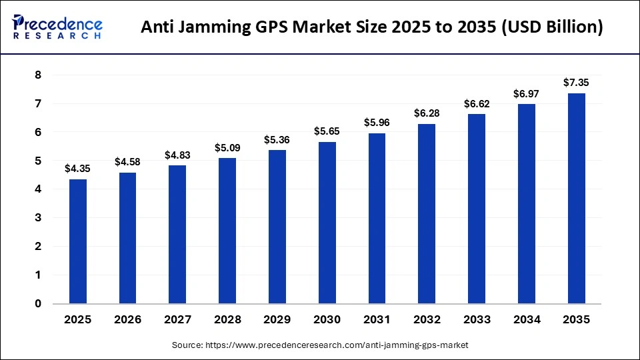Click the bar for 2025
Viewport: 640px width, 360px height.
[x=77, y=241]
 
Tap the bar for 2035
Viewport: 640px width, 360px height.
[x=576, y=198]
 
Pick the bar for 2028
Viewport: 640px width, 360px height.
[x=227, y=230]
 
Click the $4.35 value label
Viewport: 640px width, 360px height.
[x=77, y=169]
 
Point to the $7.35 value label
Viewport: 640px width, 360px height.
[x=576, y=83]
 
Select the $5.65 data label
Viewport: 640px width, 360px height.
[x=327, y=131]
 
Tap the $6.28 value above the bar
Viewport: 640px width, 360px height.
[x=427, y=113]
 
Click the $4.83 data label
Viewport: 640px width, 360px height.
[x=177, y=155]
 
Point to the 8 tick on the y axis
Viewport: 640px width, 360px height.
[x=38, y=75]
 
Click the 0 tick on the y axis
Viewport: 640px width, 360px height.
[x=38, y=303]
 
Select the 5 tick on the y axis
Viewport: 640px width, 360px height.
[x=38, y=161]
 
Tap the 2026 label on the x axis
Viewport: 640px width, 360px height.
[x=127, y=320]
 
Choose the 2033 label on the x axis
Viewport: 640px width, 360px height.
[x=476, y=320]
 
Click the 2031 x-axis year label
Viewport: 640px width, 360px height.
[x=377, y=320]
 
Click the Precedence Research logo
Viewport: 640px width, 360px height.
[x=57, y=27]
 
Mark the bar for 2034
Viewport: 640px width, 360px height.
[x=526, y=203]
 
